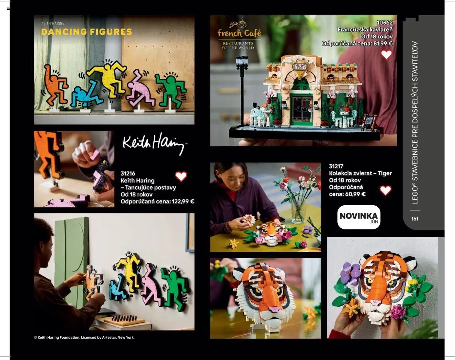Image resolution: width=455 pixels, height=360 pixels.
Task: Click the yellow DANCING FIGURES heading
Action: pos(86,32)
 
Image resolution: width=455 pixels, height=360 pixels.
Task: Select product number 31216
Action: pos(128,174)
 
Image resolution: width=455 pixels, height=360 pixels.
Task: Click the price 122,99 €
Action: pos(183,201)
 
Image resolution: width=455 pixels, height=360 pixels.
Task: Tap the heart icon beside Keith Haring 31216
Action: pos(181,176)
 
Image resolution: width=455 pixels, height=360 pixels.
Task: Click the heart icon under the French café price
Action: pos(386,54)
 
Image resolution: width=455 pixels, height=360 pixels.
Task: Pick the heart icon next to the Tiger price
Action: pos(385,190)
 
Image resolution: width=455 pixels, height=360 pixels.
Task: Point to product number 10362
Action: pos(385,22)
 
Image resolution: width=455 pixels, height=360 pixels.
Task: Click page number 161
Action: pos(414,219)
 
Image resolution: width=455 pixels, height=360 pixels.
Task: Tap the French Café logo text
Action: pos(239,33)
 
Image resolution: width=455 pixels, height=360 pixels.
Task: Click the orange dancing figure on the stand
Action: pos(55,85)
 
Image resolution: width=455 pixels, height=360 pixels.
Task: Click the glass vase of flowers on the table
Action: pos(298,211)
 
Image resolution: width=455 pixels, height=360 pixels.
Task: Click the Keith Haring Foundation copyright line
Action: pos(84,337)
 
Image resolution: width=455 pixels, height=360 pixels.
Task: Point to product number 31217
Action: pos(336,166)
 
